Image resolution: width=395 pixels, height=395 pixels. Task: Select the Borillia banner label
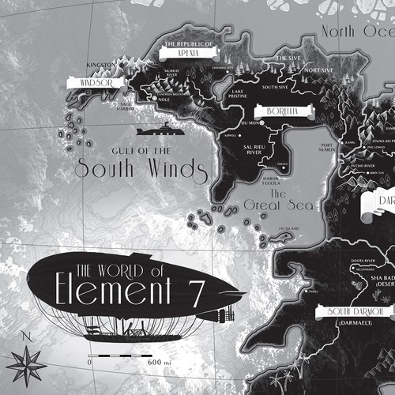pos(280,111)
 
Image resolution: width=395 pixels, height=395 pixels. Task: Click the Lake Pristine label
pos(236,95)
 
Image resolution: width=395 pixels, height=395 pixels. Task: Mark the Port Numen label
pos(327,146)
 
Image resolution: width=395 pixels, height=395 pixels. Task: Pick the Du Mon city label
pos(252,122)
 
